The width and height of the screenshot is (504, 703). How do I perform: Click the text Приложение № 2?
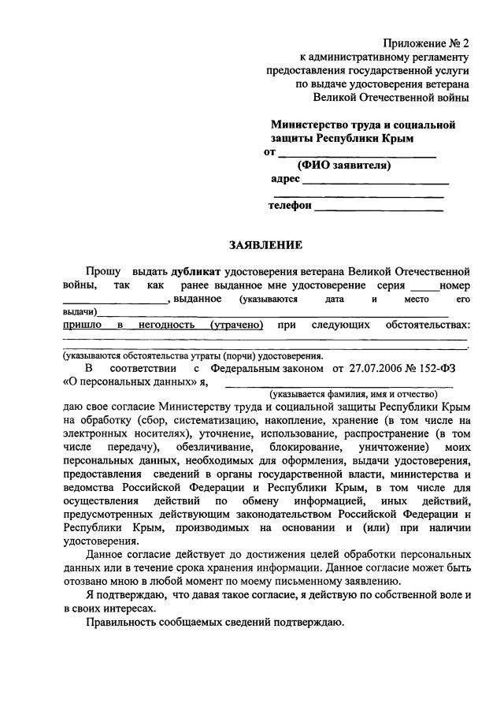[x=426, y=43]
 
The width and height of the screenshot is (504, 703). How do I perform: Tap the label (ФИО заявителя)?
[x=343, y=166]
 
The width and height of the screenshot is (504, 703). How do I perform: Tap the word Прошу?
[x=104, y=272]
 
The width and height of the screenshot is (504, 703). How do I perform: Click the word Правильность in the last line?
[x=123, y=623]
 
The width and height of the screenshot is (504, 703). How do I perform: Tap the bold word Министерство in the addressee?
[x=312, y=125]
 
